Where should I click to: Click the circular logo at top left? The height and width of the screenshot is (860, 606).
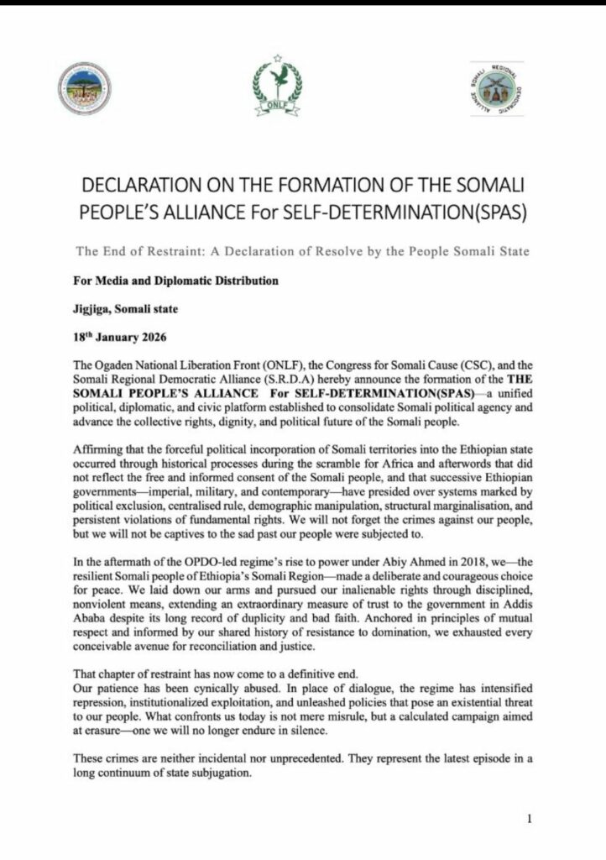(85, 88)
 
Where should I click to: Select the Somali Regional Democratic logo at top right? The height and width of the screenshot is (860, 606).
(495, 88)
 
